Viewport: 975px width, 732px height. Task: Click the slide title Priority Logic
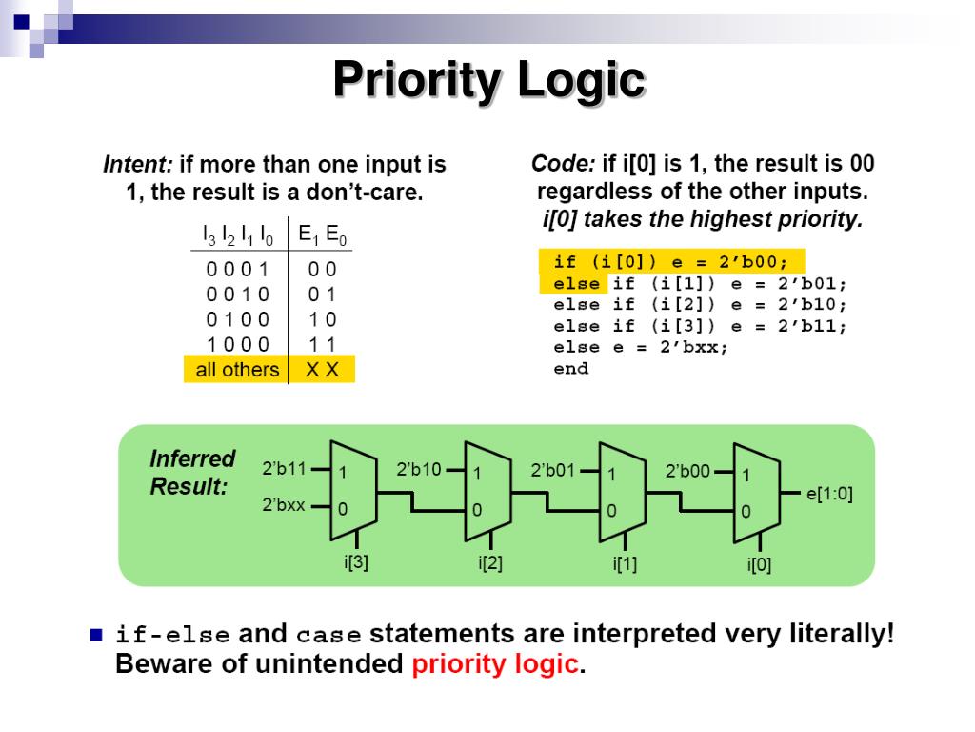click(x=488, y=80)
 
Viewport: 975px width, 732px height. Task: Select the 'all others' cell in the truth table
click(x=237, y=370)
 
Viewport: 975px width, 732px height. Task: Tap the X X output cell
click(x=321, y=370)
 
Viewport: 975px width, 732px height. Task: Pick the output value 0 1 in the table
click(x=321, y=294)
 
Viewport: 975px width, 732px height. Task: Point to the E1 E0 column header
click(x=322, y=234)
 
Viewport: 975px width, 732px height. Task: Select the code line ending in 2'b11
click(x=700, y=326)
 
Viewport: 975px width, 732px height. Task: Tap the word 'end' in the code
click(x=571, y=369)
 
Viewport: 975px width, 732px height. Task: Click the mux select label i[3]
click(x=355, y=561)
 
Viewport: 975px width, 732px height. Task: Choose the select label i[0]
click(x=759, y=565)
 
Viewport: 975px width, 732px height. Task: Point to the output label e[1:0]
click(x=829, y=494)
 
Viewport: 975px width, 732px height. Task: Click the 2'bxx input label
click(x=284, y=505)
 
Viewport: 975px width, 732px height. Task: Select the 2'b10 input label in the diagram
click(x=418, y=469)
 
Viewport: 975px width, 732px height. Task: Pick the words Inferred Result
click(x=191, y=472)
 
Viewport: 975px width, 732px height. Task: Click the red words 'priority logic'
click(x=495, y=664)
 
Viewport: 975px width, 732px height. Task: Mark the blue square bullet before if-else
click(x=95, y=635)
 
